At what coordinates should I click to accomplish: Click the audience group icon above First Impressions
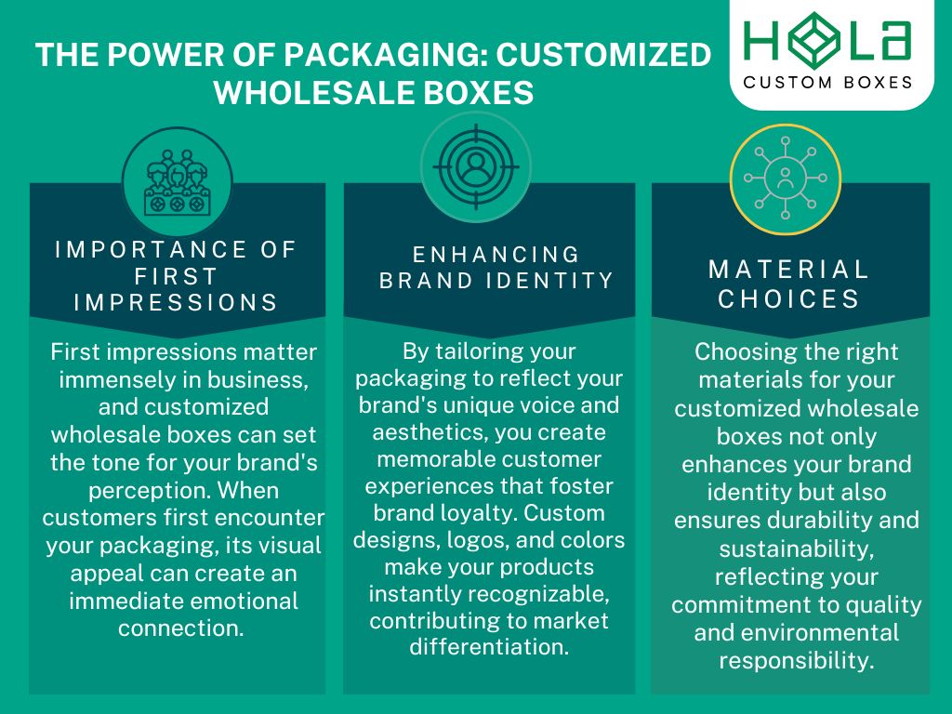pyautogui.click(x=178, y=182)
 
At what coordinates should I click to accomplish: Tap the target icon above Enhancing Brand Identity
pyautogui.click(x=476, y=167)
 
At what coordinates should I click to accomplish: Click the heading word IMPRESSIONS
pyautogui.click(x=177, y=302)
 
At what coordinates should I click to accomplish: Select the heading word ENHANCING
pyautogui.click(x=496, y=254)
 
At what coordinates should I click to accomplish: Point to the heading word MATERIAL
pyautogui.click(x=788, y=270)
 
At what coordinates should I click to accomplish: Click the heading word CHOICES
pyautogui.click(x=788, y=299)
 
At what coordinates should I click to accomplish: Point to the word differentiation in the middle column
pyautogui.click(x=488, y=647)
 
